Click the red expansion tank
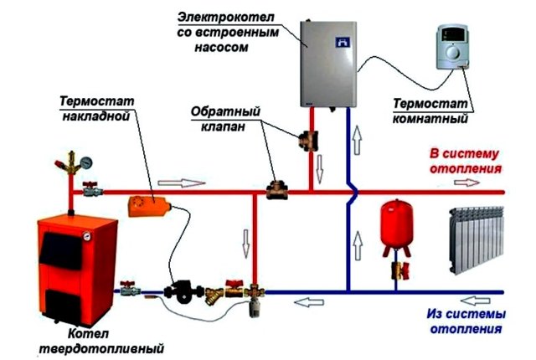392,221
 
